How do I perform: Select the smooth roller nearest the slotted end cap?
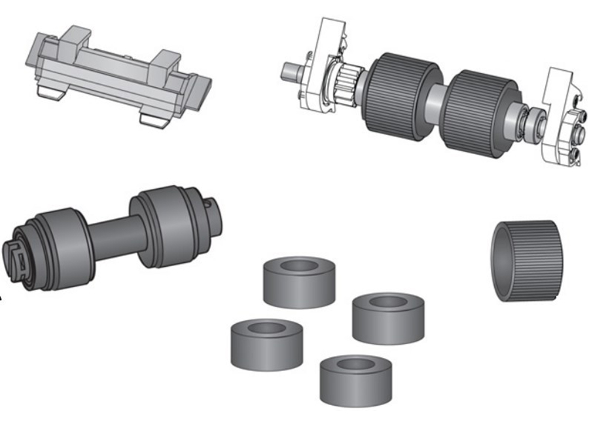(x=62, y=242)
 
